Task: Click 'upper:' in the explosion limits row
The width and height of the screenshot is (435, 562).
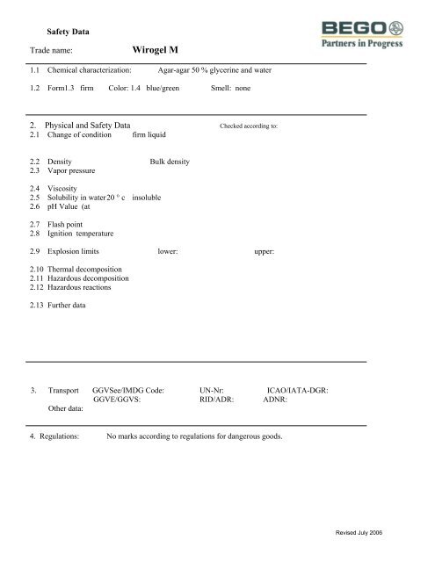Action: (265, 252)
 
